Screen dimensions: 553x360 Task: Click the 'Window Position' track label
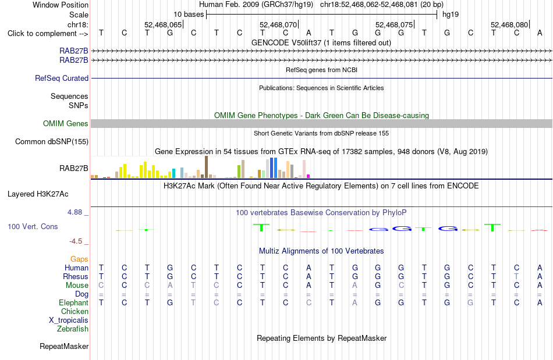tap(61, 5)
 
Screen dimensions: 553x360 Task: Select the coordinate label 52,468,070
tap(278, 24)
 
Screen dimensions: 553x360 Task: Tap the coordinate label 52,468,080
tap(509, 24)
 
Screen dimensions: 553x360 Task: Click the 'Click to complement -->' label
tap(48, 34)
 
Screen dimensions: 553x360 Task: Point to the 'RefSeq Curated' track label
tap(62, 78)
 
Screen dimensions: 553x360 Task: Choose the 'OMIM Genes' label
tap(66, 124)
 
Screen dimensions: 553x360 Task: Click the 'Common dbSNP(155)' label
tap(52, 141)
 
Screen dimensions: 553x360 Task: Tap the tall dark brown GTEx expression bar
tap(206, 167)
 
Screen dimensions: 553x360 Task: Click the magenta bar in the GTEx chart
tap(309, 176)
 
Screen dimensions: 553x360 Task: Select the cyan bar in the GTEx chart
tap(173, 173)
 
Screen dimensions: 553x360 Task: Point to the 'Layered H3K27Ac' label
tap(38, 194)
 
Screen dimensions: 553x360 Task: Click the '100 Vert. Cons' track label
tap(33, 226)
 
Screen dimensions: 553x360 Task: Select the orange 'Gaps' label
tap(79, 259)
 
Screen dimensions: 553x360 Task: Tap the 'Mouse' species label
tap(77, 286)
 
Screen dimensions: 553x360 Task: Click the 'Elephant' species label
tap(74, 303)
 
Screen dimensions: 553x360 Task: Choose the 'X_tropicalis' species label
tap(69, 320)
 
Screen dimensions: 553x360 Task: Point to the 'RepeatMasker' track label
tap(64, 346)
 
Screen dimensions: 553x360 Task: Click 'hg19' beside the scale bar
tap(451, 15)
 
